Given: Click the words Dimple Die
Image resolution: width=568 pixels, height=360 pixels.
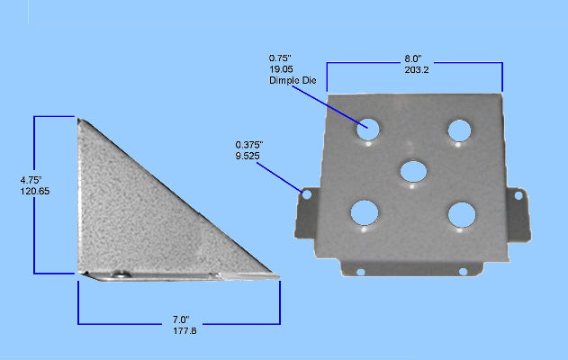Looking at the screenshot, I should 292,81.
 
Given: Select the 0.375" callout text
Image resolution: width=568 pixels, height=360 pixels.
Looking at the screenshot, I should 249,144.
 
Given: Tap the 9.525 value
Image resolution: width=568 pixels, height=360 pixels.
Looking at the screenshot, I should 248,155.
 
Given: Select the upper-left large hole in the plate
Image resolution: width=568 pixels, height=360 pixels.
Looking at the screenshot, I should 367,130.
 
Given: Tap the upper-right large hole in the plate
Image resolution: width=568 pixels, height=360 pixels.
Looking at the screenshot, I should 461,130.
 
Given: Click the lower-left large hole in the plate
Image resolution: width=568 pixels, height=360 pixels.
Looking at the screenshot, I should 365,212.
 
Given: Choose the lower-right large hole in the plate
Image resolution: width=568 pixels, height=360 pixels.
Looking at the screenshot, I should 462,214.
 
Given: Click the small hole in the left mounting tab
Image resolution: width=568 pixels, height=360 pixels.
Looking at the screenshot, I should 306,193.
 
